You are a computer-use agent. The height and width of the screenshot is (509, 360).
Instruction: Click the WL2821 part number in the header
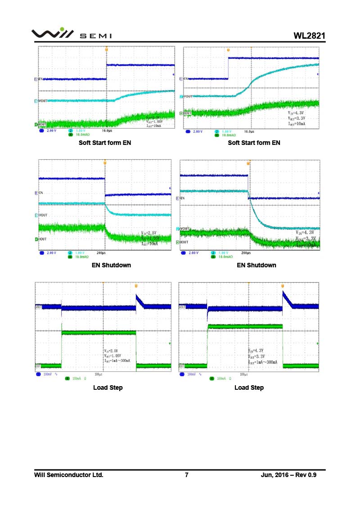point(309,36)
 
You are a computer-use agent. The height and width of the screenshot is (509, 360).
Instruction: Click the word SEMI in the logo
point(96,36)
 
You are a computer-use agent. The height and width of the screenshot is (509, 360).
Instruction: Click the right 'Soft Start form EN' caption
point(254,143)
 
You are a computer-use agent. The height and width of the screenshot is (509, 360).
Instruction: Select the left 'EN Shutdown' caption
point(111,265)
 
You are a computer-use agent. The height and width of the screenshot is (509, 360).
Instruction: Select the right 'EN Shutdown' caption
point(256,265)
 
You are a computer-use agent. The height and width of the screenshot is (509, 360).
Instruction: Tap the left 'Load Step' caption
point(108,387)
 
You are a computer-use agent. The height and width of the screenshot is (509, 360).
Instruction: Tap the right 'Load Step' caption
point(249,387)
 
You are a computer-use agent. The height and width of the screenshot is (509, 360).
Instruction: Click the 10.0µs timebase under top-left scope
point(108,131)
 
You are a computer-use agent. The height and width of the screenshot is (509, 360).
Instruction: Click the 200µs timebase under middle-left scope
point(101,253)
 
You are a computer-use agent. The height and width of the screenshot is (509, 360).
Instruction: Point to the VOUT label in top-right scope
point(188,96)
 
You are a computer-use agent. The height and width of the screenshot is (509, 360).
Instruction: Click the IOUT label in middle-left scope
point(43,239)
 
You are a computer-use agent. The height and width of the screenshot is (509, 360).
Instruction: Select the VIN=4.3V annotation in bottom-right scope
point(257,350)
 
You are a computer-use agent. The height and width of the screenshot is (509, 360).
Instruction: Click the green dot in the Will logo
point(62,29)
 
